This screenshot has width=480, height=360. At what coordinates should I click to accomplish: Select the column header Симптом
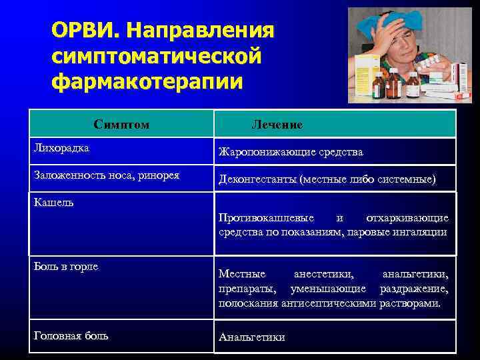pyautogui.click(x=121, y=125)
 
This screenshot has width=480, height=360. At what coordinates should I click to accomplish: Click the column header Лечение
pyautogui.click(x=277, y=125)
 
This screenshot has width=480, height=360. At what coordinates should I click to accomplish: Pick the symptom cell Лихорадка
pyautogui.click(x=61, y=147)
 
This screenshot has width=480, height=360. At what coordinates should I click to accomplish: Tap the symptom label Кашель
pyautogui.click(x=53, y=202)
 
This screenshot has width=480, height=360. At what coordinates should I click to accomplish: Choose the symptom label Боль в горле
pyautogui.click(x=66, y=266)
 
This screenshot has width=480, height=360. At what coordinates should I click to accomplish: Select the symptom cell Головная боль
pyautogui.click(x=71, y=335)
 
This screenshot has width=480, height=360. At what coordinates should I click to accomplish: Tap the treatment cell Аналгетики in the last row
pyautogui.click(x=251, y=337)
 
